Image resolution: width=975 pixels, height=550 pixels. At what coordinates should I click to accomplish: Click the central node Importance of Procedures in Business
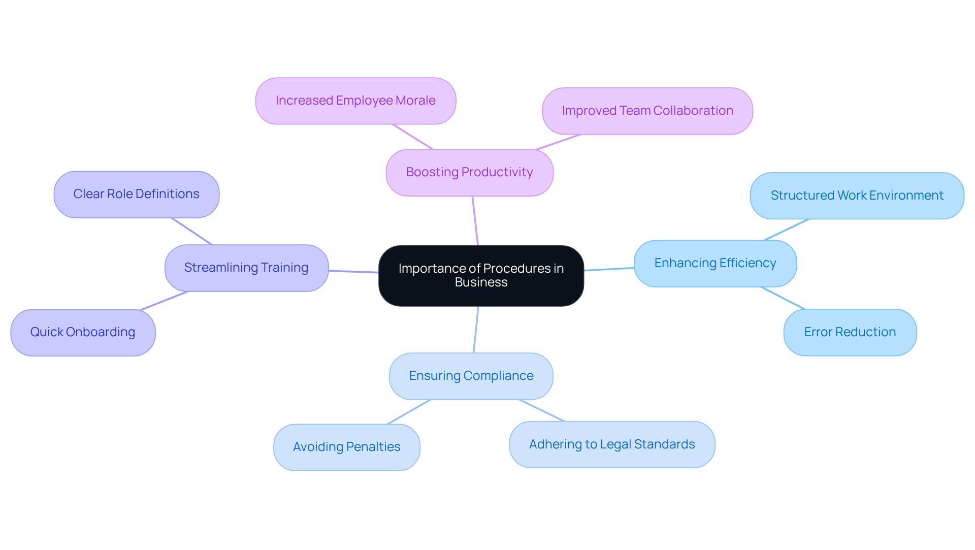pyautogui.click(x=481, y=275)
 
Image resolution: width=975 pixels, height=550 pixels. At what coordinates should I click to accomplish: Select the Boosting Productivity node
pyautogui.click(x=469, y=172)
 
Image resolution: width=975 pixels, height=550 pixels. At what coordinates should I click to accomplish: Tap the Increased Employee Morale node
pyautogui.click(x=355, y=101)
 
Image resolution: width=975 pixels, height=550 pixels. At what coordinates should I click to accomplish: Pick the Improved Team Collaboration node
pyautogui.click(x=647, y=111)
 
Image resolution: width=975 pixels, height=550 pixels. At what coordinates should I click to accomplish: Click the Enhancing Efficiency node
pyautogui.click(x=715, y=263)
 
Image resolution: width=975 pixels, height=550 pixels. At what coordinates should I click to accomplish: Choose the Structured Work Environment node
pyautogui.click(x=857, y=196)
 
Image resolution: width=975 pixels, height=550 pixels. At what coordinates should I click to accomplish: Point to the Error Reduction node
pyautogui.click(x=850, y=332)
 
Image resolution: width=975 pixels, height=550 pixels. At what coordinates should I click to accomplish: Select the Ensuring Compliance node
pyautogui.click(x=471, y=376)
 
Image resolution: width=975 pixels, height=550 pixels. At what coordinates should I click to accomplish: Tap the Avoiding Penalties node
pyautogui.click(x=346, y=447)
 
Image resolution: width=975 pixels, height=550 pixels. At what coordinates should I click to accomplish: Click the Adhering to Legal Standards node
pyautogui.click(x=612, y=444)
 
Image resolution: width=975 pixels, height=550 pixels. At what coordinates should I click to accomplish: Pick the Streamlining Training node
pyautogui.click(x=246, y=268)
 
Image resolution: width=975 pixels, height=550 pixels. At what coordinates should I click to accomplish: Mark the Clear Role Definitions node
pyautogui.click(x=136, y=194)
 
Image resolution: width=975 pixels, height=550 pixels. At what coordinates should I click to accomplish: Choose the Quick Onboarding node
pyautogui.click(x=83, y=332)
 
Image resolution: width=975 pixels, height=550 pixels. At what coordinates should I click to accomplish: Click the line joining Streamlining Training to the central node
pyautogui.click(x=353, y=272)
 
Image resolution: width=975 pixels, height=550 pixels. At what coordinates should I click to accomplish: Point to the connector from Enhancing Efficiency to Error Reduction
pyautogui.click(x=783, y=298)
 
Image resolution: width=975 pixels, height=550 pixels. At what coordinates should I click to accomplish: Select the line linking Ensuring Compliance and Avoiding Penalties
pyautogui.click(x=409, y=412)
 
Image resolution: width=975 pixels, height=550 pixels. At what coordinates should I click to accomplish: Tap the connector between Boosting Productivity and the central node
pyautogui.click(x=475, y=221)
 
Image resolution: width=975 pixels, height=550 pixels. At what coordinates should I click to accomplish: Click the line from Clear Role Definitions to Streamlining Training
pyautogui.click(x=191, y=231)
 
